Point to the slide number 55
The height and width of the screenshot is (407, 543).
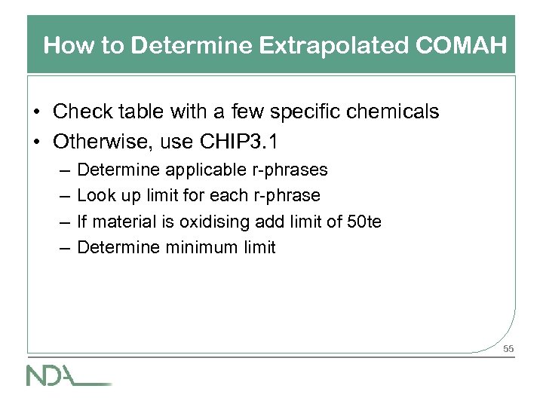508,349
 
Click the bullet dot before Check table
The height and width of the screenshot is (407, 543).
37,113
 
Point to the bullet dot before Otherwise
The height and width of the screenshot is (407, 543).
37,140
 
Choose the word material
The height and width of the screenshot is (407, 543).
123,221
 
